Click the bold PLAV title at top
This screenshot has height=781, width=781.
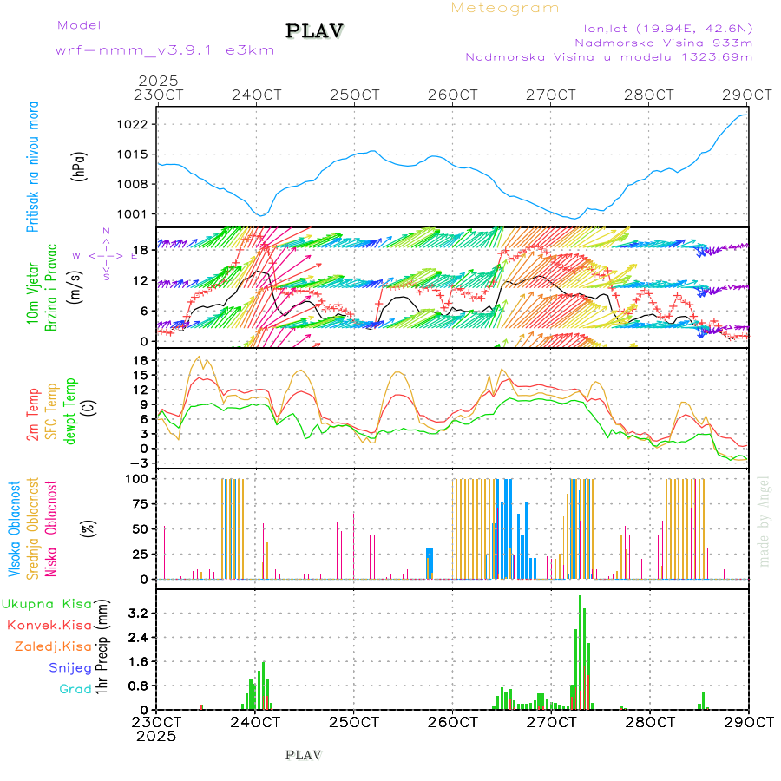316,31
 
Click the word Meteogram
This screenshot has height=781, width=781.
505,8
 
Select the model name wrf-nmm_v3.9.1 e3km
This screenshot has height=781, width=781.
165,49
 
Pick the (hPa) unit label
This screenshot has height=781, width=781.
80,167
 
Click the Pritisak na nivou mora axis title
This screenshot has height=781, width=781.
33,167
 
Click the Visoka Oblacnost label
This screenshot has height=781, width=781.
16,528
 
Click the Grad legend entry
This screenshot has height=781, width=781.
75,690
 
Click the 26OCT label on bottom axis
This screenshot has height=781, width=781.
452,722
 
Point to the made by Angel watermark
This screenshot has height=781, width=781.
765,521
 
